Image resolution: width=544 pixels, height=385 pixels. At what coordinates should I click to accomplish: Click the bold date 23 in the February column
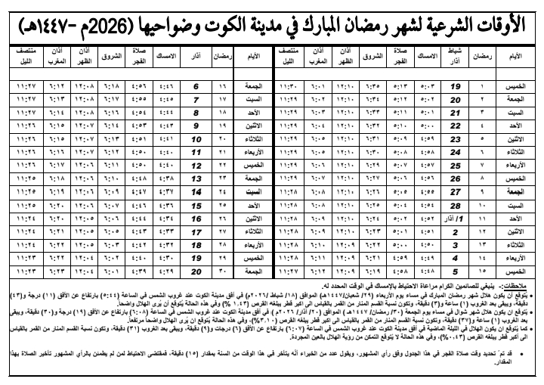coord(456,139)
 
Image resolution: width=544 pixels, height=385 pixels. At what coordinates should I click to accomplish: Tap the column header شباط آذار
coord(456,56)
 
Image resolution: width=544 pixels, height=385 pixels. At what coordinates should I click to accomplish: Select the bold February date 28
coord(456,204)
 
